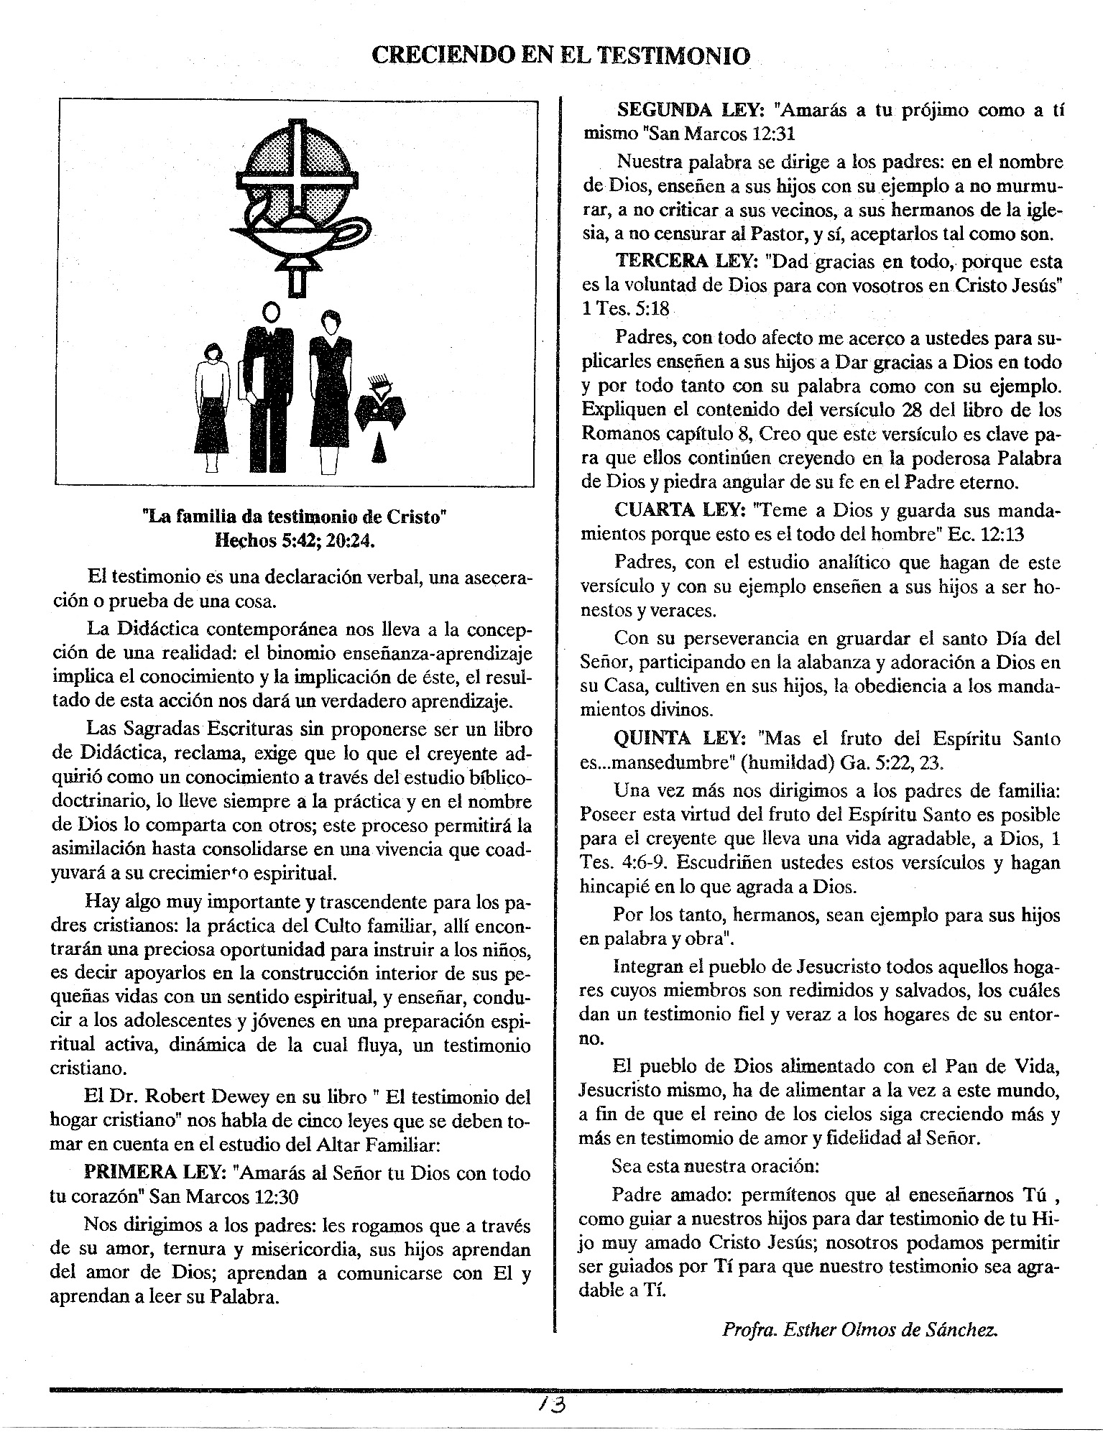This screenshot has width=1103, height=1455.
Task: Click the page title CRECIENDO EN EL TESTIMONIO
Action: coord(560,55)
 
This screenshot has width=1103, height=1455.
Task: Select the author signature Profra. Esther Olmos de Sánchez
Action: coord(860,1329)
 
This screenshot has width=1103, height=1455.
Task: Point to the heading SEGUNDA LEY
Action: coord(691,111)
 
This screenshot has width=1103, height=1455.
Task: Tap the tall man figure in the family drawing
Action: coord(270,388)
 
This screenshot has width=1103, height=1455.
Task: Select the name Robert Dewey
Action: coord(193,1097)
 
